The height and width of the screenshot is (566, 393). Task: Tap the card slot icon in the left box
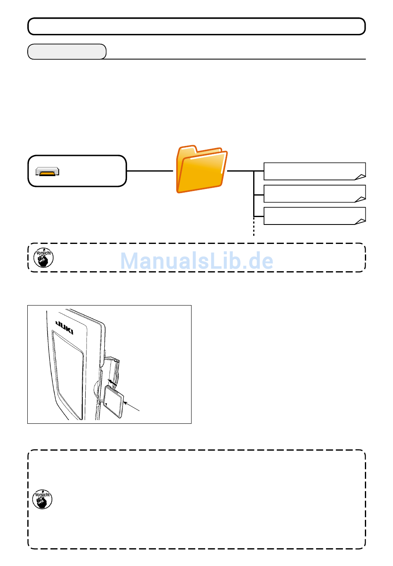point(47,172)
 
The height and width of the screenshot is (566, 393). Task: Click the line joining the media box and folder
point(149,171)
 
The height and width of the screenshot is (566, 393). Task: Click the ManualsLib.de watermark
point(196,261)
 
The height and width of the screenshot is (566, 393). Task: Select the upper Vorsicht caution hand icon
point(43,258)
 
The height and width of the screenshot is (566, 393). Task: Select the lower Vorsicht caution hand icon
point(43,499)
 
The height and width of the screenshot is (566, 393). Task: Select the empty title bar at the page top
point(196,26)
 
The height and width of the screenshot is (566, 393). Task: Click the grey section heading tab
point(67,52)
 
